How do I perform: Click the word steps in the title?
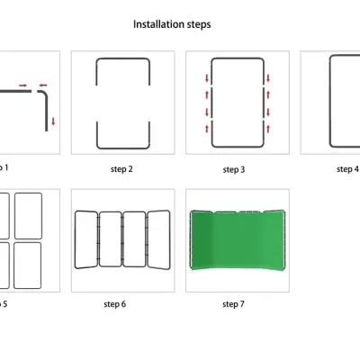(x=199, y=24)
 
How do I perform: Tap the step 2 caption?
(x=121, y=169)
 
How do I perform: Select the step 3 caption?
(x=235, y=169)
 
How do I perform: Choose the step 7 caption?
(x=235, y=304)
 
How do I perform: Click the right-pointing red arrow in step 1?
(x=22, y=86)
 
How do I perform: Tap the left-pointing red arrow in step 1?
(x=43, y=86)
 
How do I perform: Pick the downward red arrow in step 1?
(x=53, y=121)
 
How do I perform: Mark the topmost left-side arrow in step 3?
(x=208, y=78)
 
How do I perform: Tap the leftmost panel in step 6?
(x=86, y=239)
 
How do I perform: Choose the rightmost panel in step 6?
(x=157, y=239)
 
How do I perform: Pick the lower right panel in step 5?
(x=28, y=263)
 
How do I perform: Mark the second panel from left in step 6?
(x=110, y=239)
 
